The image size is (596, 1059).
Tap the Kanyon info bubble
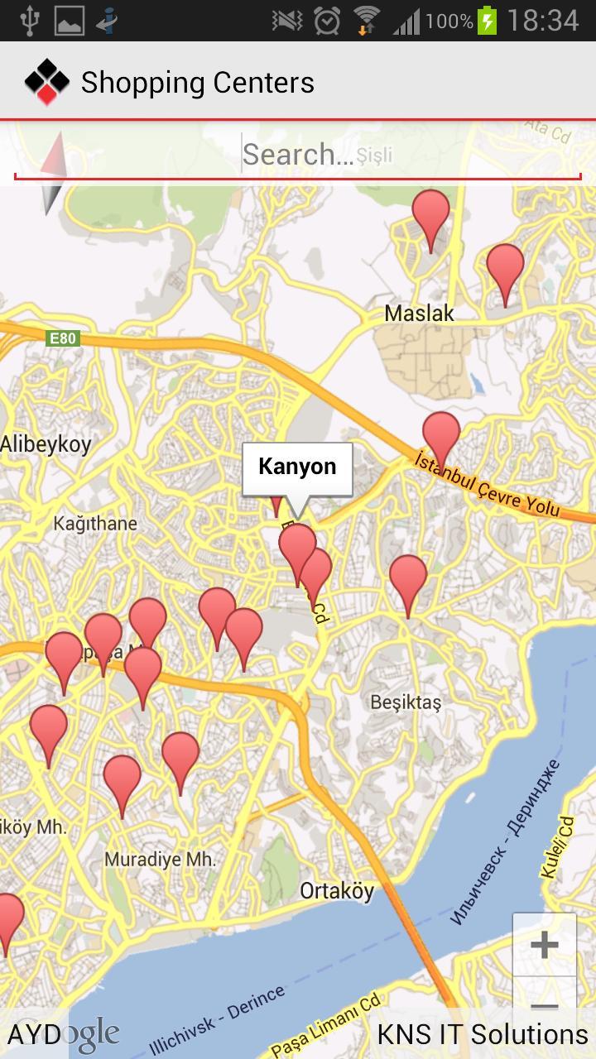click(297, 467)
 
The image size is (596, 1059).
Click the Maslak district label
click(420, 314)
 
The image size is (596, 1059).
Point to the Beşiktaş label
click(406, 702)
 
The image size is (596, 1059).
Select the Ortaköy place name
click(337, 891)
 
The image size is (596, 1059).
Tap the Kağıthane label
click(95, 524)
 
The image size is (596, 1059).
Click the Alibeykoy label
click(46, 444)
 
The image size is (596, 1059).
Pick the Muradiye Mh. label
click(160, 860)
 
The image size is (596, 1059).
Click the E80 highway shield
click(62, 338)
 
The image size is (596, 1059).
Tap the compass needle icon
click(53, 174)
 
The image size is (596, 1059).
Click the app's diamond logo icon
click(46, 82)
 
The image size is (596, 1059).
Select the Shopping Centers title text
click(197, 83)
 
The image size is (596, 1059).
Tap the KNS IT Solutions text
click(483, 1034)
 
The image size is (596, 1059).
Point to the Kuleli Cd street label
click(557, 847)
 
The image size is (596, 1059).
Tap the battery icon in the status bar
click(488, 20)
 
